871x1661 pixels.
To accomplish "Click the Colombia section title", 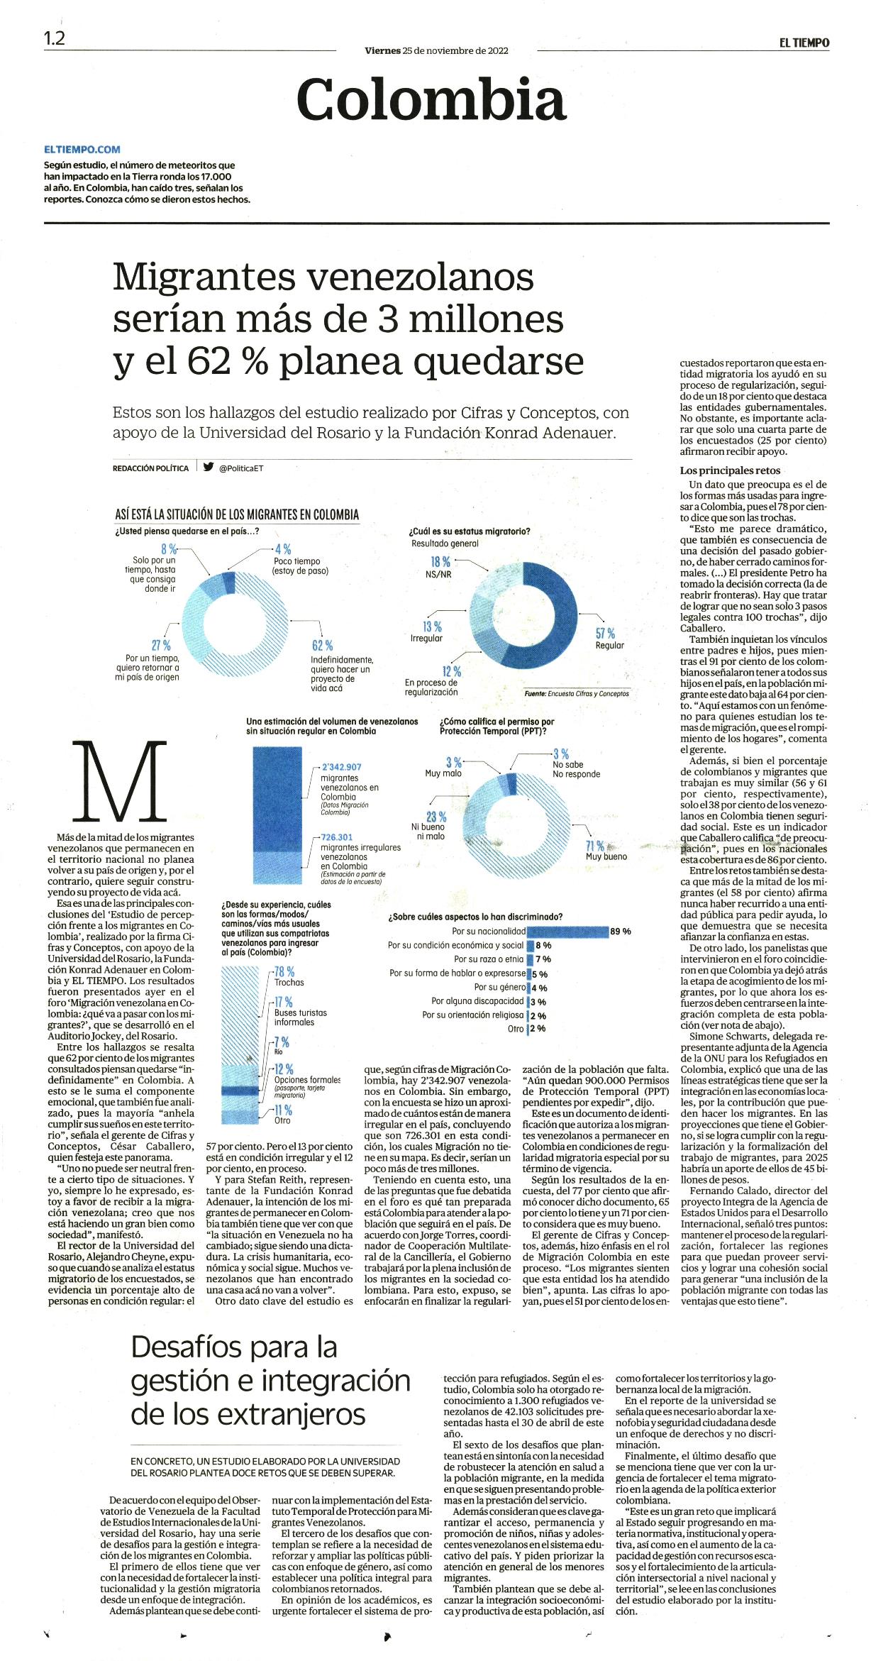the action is tap(431, 99).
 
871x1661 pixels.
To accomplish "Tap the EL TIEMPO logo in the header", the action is tap(803, 43).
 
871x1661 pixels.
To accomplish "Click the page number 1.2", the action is tap(54, 39).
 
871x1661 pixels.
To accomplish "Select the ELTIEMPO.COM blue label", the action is tap(82, 150).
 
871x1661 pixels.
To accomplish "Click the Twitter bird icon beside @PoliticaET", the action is tap(209, 467).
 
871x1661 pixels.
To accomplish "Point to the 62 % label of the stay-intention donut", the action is tap(322, 645).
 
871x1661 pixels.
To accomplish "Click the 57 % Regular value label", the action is tap(605, 633).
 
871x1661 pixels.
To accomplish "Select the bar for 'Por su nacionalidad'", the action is tap(568, 931).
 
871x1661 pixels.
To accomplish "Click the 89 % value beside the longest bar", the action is tap(621, 931).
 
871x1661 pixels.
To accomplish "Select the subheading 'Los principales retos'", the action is tap(720, 470).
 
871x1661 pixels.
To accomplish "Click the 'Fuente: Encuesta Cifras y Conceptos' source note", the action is tap(577, 693).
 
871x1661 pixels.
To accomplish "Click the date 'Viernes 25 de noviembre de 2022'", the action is tap(436, 50).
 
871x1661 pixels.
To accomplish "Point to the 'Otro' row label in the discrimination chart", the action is tap(516, 1029).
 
